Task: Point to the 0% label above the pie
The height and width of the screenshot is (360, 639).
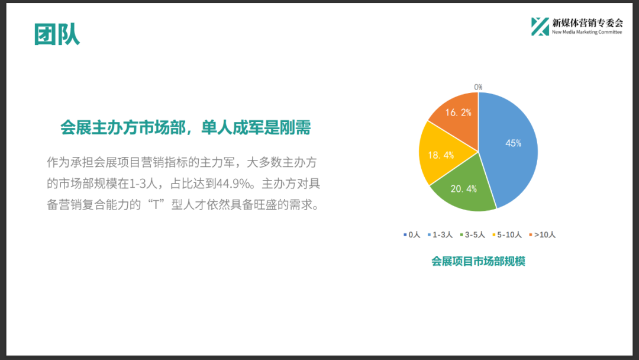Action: tap(478, 87)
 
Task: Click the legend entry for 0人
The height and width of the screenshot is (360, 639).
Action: tap(412, 235)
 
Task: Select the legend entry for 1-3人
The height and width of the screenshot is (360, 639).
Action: tap(440, 235)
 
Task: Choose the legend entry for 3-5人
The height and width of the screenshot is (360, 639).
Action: tap(472, 235)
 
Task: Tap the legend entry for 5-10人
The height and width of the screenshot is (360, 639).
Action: tap(507, 235)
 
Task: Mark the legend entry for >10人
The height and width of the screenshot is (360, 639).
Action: tap(543, 235)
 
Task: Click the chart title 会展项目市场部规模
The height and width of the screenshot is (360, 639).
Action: tap(478, 261)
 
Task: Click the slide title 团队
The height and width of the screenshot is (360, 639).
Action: tap(57, 34)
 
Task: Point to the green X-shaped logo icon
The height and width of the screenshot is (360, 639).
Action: tap(540, 27)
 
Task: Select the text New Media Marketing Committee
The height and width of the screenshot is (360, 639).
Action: tap(587, 32)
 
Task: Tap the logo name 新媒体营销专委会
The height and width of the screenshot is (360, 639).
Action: tap(588, 23)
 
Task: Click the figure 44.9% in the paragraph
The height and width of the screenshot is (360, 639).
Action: tap(233, 184)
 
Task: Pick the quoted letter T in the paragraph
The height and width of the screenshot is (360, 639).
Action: tap(156, 205)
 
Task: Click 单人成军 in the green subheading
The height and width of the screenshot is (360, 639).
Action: tap(233, 128)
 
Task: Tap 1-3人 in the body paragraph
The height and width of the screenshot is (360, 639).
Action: tap(143, 184)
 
